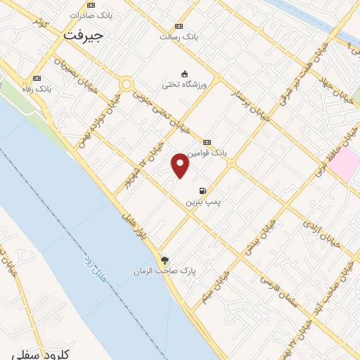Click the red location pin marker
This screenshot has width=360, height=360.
(181, 165)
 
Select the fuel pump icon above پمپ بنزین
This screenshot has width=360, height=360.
(203, 191)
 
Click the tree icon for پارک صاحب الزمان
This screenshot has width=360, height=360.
(165, 259)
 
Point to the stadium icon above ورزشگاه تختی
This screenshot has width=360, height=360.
(185, 74)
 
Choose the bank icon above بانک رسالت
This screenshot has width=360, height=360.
(179, 26)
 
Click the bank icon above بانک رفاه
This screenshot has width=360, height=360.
(37, 78)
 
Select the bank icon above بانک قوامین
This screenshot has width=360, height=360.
(207, 141)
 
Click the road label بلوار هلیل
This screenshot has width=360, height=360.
(133, 219)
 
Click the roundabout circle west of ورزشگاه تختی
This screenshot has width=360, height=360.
(127, 84)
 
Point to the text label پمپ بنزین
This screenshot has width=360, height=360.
(203, 202)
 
